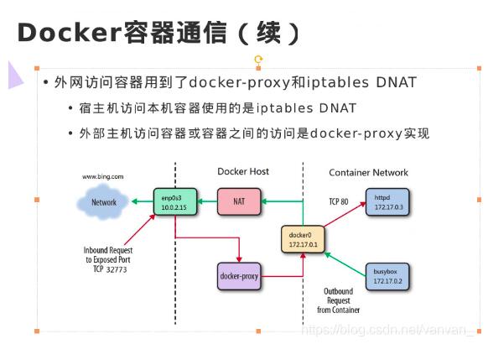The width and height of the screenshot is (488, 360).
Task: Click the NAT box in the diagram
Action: click(239, 201)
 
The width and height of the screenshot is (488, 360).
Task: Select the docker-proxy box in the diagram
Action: click(240, 275)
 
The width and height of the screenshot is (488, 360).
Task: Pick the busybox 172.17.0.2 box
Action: click(387, 276)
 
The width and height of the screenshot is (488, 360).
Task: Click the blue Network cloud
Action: click(103, 202)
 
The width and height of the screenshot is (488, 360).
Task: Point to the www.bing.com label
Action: click(102, 177)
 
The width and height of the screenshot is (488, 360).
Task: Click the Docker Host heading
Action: click(243, 172)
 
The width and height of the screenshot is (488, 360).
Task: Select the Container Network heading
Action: click(368, 173)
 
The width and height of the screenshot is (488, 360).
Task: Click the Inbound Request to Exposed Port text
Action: click(108, 260)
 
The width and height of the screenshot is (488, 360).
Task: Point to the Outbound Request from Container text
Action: click(338, 300)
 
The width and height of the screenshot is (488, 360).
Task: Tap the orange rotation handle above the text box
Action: click(258, 60)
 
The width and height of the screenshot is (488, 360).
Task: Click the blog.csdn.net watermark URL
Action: click(387, 331)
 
